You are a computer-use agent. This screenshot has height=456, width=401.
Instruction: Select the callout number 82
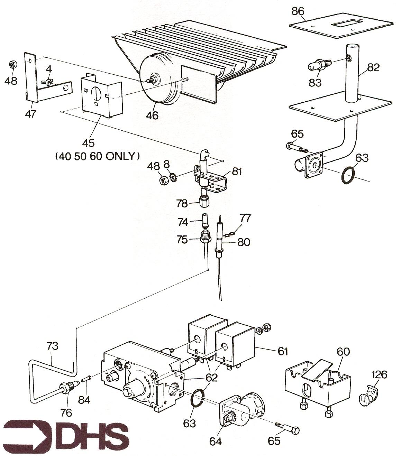tap(373, 68)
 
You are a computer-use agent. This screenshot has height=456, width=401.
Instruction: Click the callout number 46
tap(152, 115)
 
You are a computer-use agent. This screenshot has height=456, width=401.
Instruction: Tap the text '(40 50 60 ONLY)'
tap(97, 156)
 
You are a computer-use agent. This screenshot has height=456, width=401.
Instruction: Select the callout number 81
tap(237, 171)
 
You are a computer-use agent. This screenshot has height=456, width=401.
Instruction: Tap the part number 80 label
tap(244, 242)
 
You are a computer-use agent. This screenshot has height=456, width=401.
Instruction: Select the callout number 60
tap(343, 352)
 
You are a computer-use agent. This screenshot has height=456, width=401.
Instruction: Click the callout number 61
tap(283, 351)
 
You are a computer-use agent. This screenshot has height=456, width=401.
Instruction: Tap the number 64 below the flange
tap(216, 441)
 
